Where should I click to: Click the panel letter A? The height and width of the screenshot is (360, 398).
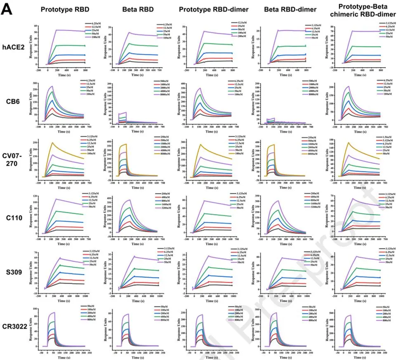[x=8, y=9]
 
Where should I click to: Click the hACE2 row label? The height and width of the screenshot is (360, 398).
[x=13, y=47]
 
